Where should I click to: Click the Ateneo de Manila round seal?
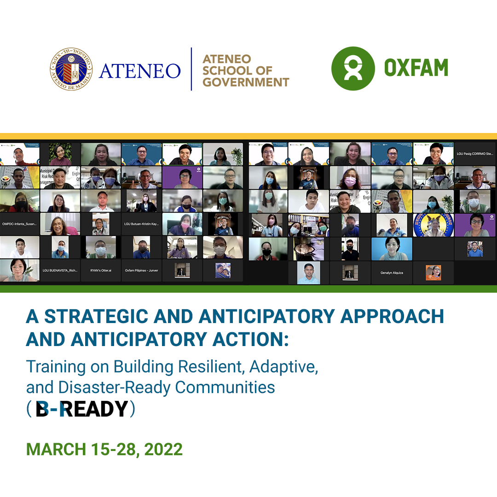click(71, 69)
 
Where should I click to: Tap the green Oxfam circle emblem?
click(353, 69)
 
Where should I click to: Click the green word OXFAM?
click(416, 69)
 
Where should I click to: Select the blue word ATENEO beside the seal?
click(140, 70)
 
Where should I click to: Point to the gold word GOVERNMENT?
click(246, 82)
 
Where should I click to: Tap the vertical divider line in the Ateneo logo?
click(191, 69)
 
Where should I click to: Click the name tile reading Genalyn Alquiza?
click(392, 273)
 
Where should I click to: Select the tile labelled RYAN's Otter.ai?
click(100, 271)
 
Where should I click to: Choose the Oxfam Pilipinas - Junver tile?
click(141, 271)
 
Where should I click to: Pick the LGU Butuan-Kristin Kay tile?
click(141, 224)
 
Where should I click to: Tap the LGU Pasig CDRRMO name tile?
click(475, 154)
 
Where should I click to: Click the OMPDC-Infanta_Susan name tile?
click(19, 224)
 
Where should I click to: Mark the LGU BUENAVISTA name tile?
click(60, 271)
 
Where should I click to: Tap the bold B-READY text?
click(81, 409)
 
